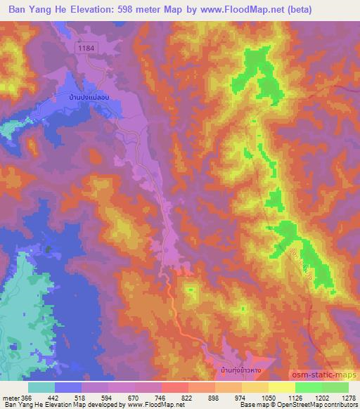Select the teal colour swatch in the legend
tap(41, 387)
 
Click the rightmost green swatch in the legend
tap(335, 387)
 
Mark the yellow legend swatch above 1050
tap(282, 387)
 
